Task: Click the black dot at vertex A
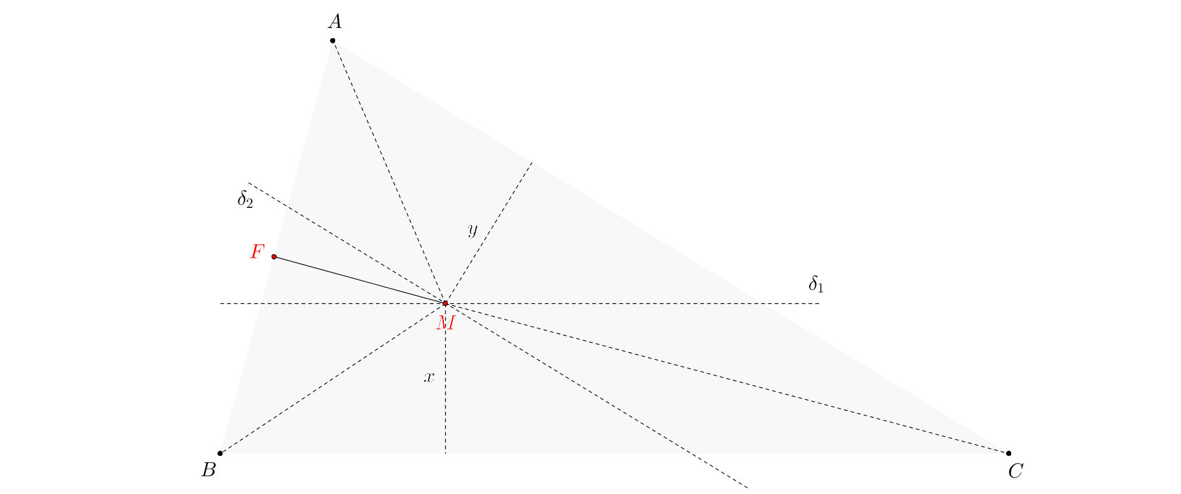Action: pyautogui.click(x=333, y=41)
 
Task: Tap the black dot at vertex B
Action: pyautogui.click(x=220, y=453)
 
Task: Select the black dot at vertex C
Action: pyautogui.click(x=1009, y=453)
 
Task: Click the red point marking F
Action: pyautogui.click(x=274, y=257)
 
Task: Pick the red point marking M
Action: pyautogui.click(x=445, y=303)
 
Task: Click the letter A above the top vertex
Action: pyautogui.click(x=335, y=22)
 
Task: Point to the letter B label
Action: pyautogui.click(x=209, y=470)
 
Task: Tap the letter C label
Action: pyautogui.click(x=1016, y=471)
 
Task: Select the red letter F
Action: pyautogui.click(x=257, y=252)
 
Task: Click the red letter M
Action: pyautogui.click(x=446, y=323)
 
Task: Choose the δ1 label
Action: pyautogui.click(x=816, y=284)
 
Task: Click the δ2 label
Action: pyautogui.click(x=245, y=200)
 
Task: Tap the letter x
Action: pyautogui.click(x=429, y=377)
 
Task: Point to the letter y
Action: pyautogui.click(x=472, y=230)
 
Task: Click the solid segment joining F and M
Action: pyautogui.click(x=360, y=280)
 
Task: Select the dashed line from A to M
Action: pyautogui.click(x=389, y=172)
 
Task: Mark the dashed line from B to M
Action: pyautogui.click(x=333, y=378)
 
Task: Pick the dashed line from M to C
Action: pyautogui.click(x=727, y=378)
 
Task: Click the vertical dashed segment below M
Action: pyautogui.click(x=445, y=378)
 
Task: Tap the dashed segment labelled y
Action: pyautogui.click(x=488, y=233)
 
